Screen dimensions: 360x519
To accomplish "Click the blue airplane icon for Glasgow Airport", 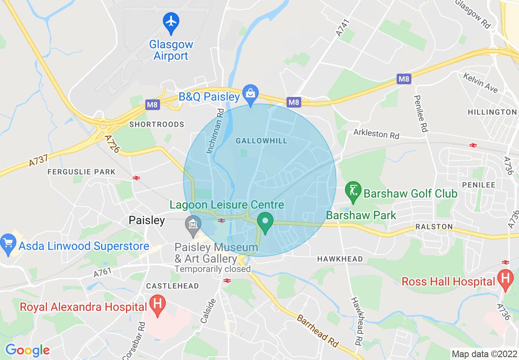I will pyautogui.click(x=171, y=21).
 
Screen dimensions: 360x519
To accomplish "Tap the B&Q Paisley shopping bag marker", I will pyautogui.click(x=250, y=94).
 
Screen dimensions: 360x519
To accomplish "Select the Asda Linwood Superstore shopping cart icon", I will pyautogui.click(x=8, y=244).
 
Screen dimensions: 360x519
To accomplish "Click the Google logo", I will pyautogui.click(x=27, y=350).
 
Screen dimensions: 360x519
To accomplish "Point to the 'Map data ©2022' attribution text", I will pyautogui.click(x=483, y=353).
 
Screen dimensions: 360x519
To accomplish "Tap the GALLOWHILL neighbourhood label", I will pyautogui.click(x=262, y=141).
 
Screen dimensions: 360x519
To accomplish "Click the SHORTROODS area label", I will pyautogui.click(x=157, y=124).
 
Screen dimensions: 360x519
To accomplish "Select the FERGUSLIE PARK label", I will pyautogui.click(x=81, y=172).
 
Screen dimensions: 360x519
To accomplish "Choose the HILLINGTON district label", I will pyautogui.click(x=492, y=112).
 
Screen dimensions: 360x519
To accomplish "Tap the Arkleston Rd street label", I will pyautogui.click(x=376, y=134).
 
